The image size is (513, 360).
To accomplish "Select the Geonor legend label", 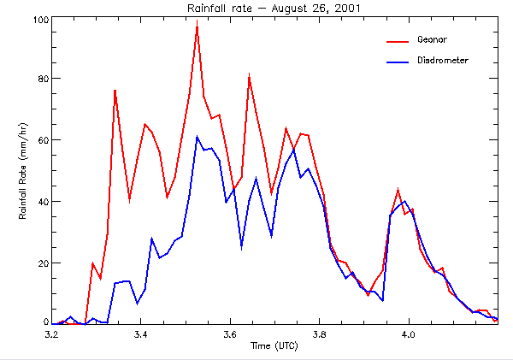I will point(433,39).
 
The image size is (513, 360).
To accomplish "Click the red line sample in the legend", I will point(398,39).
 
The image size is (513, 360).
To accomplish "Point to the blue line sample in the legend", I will point(398,61).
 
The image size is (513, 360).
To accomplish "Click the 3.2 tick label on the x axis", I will point(52,334).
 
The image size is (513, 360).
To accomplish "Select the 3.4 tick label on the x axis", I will point(141,334).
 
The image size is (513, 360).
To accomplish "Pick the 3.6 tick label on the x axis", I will point(231,334).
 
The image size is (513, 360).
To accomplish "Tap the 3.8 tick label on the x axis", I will point(320,334).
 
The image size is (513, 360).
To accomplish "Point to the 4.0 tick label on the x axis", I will point(409,334).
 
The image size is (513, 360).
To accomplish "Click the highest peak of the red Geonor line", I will point(197,21).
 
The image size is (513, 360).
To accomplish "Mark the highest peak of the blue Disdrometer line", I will point(197,137).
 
